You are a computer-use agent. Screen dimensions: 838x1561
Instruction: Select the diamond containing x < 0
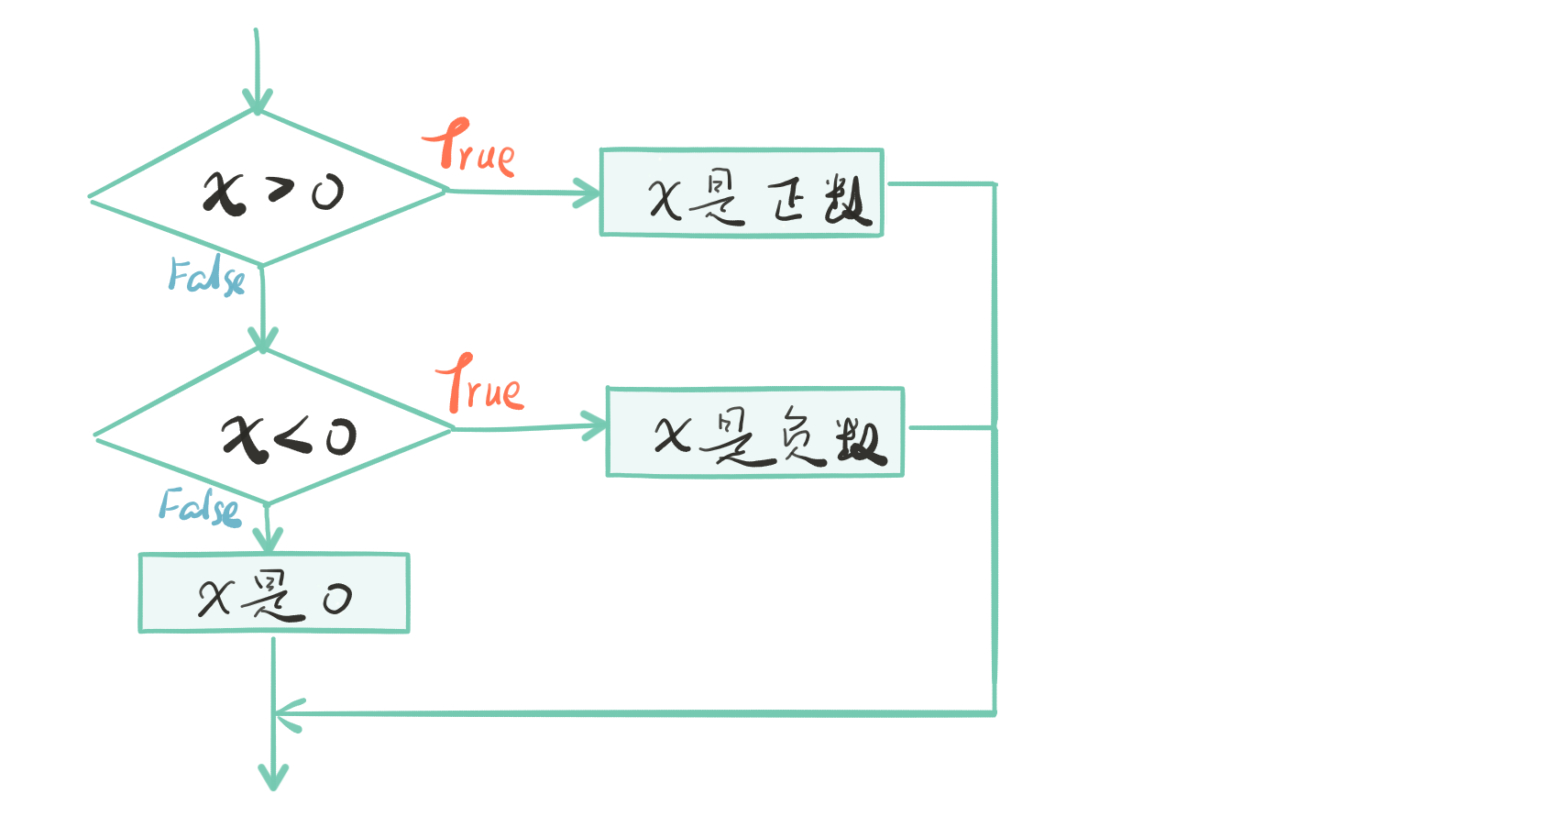(x=273, y=428)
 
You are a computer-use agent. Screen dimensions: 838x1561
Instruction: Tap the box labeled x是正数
(x=741, y=193)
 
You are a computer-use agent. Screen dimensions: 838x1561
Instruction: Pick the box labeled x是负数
(x=754, y=432)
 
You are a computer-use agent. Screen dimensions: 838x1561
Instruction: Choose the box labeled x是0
(x=273, y=593)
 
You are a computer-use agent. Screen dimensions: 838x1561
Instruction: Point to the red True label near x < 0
(x=480, y=385)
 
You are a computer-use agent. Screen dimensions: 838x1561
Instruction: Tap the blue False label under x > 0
(x=206, y=275)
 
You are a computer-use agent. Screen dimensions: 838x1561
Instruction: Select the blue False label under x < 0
(x=199, y=507)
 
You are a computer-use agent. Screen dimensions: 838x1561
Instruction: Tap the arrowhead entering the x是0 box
(x=268, y=542)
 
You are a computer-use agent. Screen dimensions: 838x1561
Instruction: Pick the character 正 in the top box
(x=787, y=199)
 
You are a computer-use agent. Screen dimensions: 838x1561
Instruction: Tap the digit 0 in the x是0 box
(x=336, y=600)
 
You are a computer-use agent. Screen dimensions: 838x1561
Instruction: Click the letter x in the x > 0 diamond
(x=224, y=193)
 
